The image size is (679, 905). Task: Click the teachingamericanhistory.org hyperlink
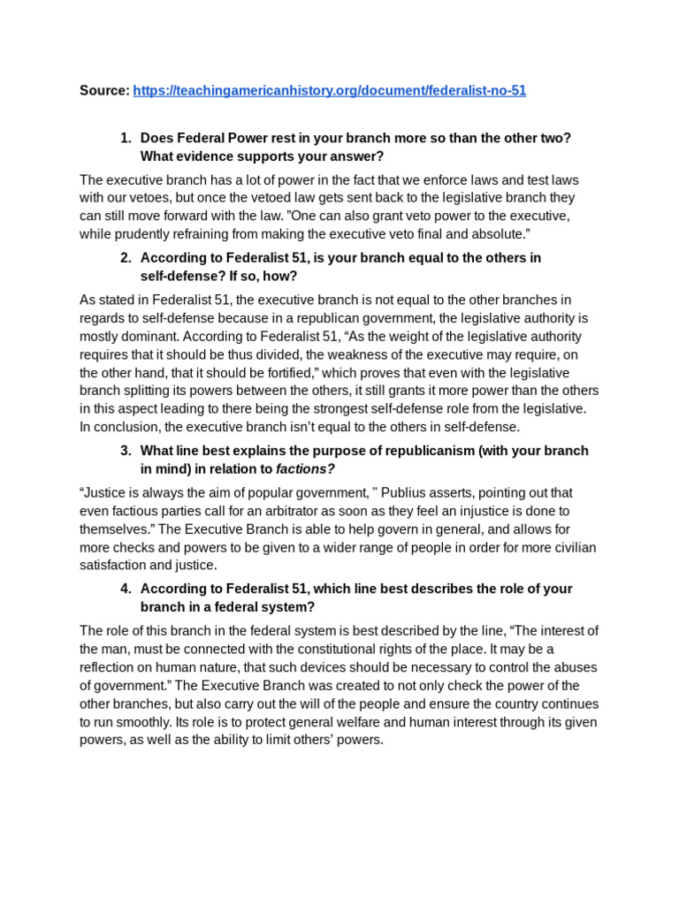click(x=329, y=91)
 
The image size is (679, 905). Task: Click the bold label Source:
click(x=104, y=91)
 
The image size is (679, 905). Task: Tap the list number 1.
click(x=125, y=138)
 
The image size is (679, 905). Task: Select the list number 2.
click(x=125, y=258)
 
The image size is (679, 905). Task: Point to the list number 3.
click(x=125, y=451)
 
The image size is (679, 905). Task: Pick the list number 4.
click(x=125, y=589)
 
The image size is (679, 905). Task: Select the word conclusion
click(x=126, y=427)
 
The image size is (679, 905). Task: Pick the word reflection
click(x=111, y=667)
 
